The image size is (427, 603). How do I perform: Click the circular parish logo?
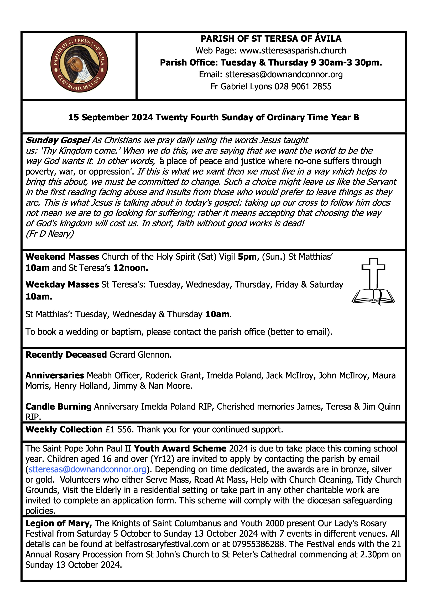(79, 64)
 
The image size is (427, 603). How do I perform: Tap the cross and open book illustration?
(373, 281)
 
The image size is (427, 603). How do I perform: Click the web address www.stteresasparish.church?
(293, 50)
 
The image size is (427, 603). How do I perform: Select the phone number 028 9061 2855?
(303, 86)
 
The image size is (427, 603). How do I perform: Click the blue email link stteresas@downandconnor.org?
(87, 469)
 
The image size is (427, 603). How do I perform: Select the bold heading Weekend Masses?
(62, 257)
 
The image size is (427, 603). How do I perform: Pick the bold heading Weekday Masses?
(62, 284)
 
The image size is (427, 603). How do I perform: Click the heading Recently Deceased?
(66, 355)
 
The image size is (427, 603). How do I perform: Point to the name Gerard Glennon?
(140, 355)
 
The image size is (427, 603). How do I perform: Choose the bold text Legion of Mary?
(58, 523)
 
